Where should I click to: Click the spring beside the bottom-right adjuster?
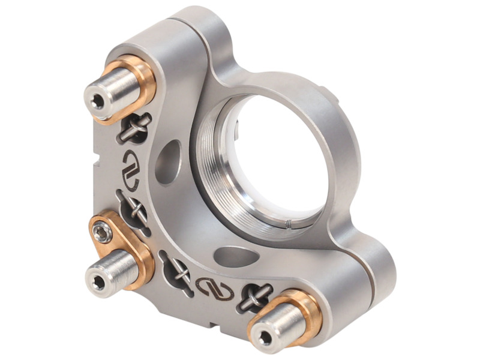click(254, 295)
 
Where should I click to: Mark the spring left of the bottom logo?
click(177, 274)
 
